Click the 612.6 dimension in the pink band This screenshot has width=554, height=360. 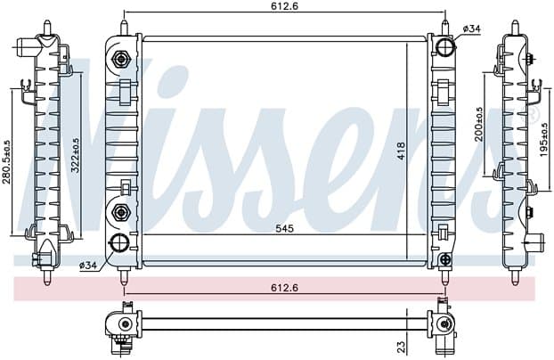285,288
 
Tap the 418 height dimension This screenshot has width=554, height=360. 401,151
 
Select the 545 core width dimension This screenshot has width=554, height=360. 285,228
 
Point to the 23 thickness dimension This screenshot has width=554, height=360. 402,347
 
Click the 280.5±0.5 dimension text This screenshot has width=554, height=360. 7,162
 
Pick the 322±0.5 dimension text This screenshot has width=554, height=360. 76,155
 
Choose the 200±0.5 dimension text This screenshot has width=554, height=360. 478,125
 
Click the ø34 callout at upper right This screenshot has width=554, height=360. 471,29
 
